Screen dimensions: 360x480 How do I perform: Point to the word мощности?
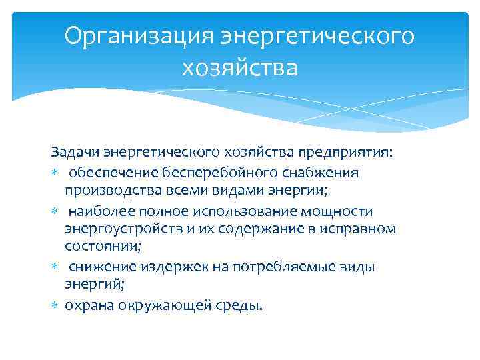click(x=337, y=211)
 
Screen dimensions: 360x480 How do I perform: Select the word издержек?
click(x=164, y=267)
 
